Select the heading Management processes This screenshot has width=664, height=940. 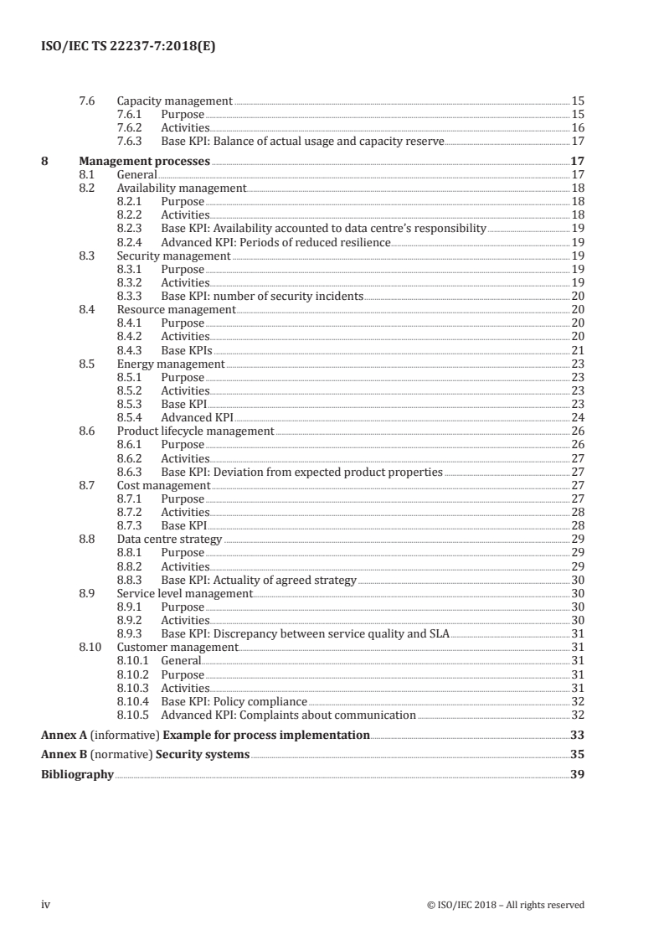point(144,161)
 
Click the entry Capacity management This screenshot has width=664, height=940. point(174,101)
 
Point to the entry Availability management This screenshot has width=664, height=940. point(181,189)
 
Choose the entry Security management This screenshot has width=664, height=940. point(173,256)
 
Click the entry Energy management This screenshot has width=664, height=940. point(170,364)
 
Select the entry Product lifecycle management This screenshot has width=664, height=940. point(195,431)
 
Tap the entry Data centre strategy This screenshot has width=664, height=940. point(169,539)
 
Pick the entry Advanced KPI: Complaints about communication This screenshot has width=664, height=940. point(288,715)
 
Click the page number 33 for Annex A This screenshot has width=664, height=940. point(576,735)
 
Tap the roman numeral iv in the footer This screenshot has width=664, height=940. point(46,904)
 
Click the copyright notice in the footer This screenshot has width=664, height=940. point(505,905)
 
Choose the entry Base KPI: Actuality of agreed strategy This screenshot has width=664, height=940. point(259,580)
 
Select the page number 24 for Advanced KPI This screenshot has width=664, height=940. point(577,417)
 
